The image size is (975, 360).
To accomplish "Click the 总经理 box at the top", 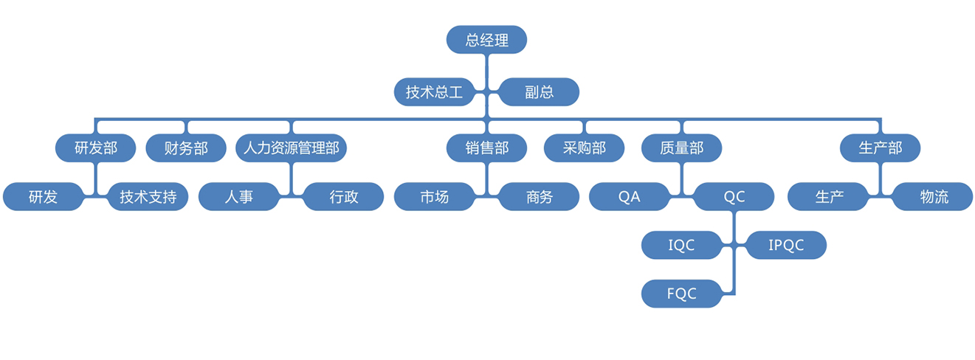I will pyautogui.click(x=487, y=40).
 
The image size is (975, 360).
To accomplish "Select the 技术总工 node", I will pyautogui.click(x=434, y=92).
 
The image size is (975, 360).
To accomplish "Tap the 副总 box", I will pyautogui.click(x=539, y=92).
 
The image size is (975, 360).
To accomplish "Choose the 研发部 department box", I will pyautogui.click(x=96, y=148).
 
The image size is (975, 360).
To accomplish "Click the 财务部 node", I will pyautogui.click(x=187, y=148).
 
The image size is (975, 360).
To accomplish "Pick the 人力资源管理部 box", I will pyautogui.click(x=291, y=148).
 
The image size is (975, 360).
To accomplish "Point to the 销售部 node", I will pyautogui.click(x=487, y=148).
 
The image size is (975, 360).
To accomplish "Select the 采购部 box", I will pyautogui.click(x=584, y=148).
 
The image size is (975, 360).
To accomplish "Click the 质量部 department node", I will pyautogui.click(x=681, y=148).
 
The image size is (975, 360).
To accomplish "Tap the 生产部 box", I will pyautogui.click(x=881, y=148).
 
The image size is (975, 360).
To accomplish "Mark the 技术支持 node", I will pyautogui.click(x=148, y=197).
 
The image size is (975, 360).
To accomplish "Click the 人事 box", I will pyautogui.click(x=239, y=197).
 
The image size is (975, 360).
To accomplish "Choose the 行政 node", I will pyautogui.click(x=344, y=197).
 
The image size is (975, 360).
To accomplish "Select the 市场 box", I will pyautogui.click(x=434, y=197).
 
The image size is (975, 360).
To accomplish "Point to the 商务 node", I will pyautogui.click(x=539, y=197).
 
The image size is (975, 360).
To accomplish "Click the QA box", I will pyautogui.click(x=629, y=197).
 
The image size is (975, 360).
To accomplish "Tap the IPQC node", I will pyautogui.click(x=786, y=245).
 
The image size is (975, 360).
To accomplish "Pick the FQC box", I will pyautogui.click(x=681, y=293).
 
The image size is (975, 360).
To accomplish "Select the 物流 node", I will pyautogui.click(x=934, y=197).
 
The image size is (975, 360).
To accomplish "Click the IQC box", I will pyautogui.click(x=681, y=245).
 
